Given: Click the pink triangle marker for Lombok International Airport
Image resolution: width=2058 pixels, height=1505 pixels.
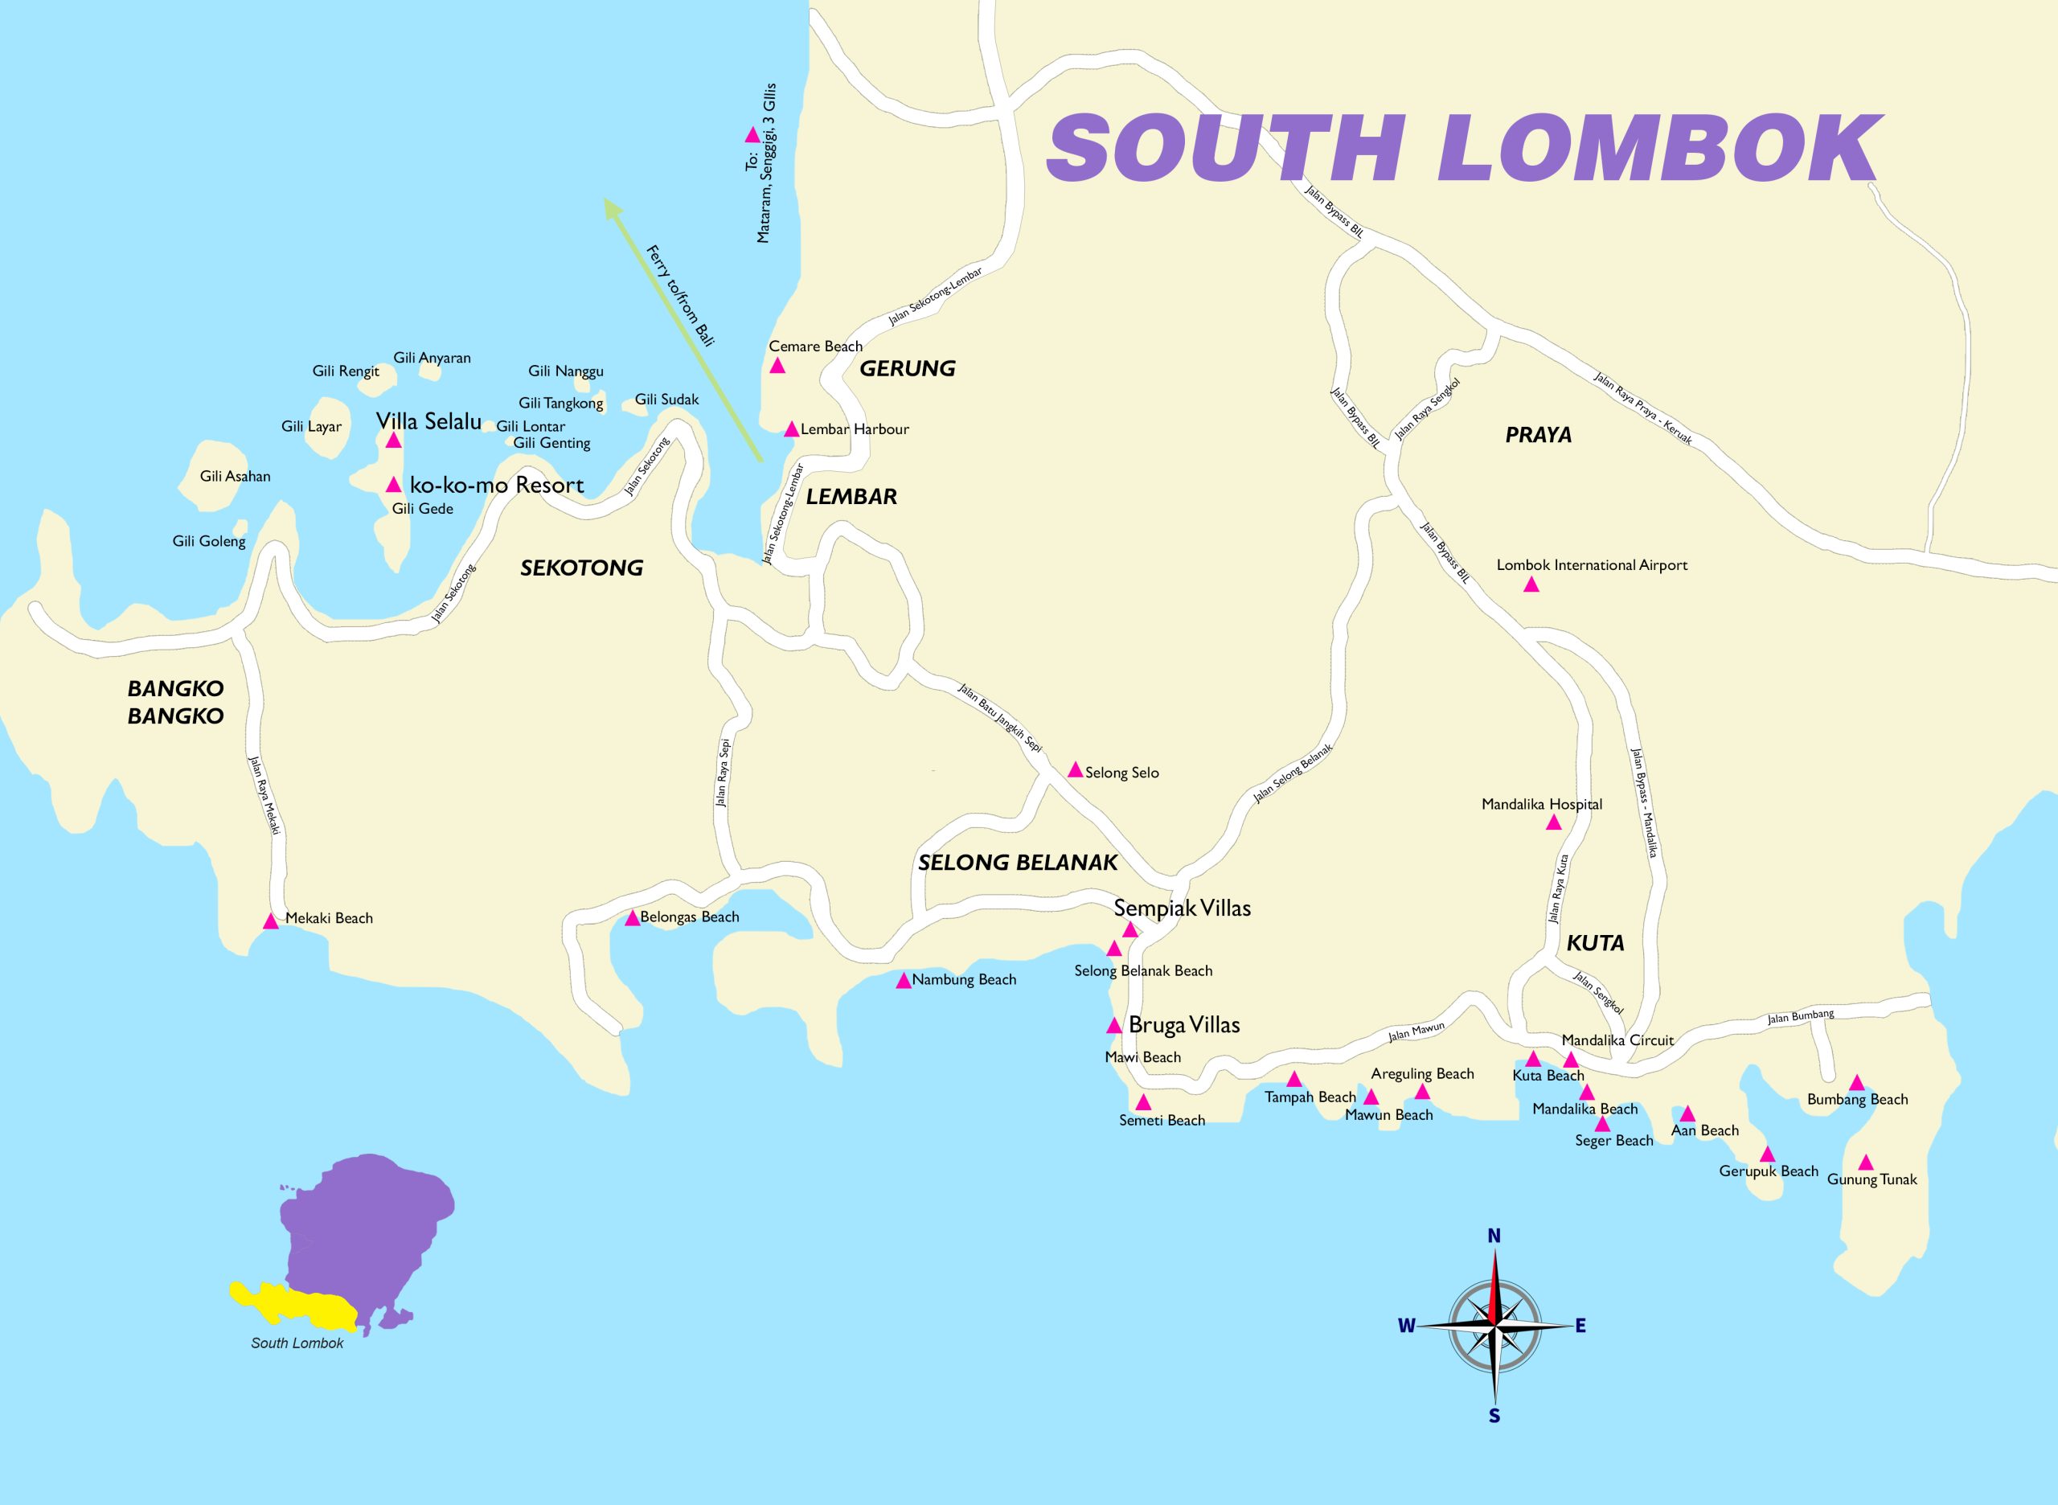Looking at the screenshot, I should [1531, 584].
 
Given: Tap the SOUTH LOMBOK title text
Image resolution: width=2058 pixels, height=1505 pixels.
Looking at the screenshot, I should [1463, 149].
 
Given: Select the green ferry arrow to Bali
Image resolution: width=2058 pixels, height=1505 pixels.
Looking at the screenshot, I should [684, 330].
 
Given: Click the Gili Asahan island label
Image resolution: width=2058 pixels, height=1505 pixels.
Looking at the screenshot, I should [235, 477].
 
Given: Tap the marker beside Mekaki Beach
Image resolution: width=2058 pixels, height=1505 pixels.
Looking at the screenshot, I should [271, 921].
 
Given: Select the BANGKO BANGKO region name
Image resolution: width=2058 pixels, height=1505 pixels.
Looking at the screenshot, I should [176, 702].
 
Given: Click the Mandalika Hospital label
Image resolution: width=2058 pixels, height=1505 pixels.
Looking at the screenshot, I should [1541, 805].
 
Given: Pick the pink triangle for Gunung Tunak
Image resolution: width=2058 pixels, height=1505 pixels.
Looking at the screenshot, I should [1865, 1163].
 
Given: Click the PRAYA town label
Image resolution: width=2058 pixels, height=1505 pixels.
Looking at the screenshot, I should [1538, 435].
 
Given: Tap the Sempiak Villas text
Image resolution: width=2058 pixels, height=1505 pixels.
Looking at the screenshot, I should [1182, 908].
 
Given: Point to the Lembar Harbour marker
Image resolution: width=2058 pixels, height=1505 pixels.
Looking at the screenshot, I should [791, 429].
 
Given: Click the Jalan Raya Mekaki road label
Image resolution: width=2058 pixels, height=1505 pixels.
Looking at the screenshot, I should [264, 794].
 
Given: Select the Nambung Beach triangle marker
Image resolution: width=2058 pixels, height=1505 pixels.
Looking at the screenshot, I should [904, 981].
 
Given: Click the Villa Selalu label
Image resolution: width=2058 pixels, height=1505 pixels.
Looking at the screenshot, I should [428, 421].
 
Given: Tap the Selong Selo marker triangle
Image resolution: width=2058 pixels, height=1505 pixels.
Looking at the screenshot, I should [1075, 770].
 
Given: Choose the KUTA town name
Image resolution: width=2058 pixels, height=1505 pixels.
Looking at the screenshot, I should [1595, 943].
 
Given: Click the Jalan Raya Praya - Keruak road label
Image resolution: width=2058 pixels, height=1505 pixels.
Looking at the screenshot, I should [1642, 408].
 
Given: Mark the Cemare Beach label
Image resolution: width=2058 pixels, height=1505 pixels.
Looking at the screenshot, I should [815, 347].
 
